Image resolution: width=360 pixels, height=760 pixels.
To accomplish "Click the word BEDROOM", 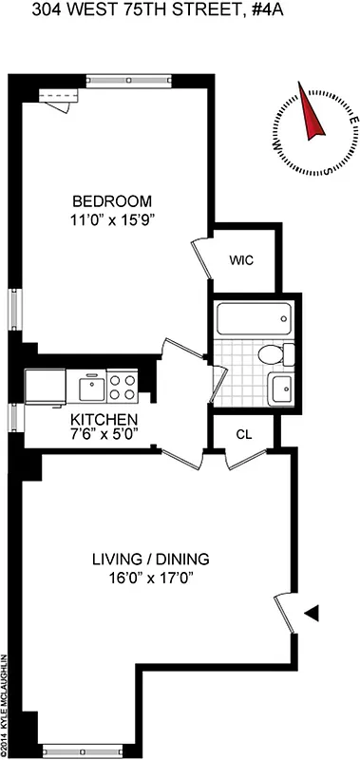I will pos(112,201).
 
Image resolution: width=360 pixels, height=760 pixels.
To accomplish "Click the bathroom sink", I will pos(281,388).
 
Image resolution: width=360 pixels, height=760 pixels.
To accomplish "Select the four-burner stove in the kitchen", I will pos(122,387).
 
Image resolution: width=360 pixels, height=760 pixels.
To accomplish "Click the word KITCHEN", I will pos(105,419).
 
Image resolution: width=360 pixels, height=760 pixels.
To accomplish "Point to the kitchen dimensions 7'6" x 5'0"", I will pos(105,434).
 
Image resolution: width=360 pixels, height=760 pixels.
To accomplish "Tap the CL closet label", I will pos(243,434).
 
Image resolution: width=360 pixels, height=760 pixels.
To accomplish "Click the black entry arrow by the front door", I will pos(311,616).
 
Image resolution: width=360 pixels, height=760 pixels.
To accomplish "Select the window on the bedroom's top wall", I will pos(129,79).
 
